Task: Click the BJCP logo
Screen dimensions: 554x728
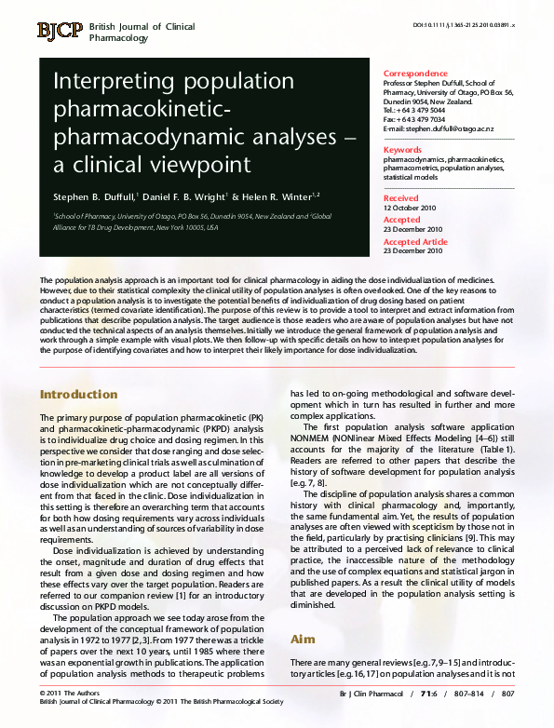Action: (60, 31)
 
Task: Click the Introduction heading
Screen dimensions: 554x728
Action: (79, 394)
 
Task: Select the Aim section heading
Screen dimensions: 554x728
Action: (304, 640)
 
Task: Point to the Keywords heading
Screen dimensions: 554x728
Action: (403, 149)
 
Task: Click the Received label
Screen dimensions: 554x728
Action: (401, 198)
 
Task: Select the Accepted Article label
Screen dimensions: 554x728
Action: (415, 241)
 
